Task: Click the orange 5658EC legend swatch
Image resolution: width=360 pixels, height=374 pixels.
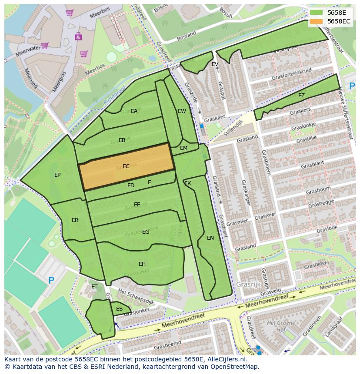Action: coord(317,21)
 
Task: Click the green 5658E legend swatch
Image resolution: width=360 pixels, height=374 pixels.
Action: coord(317,13)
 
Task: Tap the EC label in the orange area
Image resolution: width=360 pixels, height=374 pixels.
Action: coord(126,166)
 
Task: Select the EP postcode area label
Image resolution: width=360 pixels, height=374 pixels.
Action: coord(57,175)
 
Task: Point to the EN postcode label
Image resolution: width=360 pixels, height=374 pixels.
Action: coord(210,238)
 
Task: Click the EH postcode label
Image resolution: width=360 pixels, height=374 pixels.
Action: coord(142,264)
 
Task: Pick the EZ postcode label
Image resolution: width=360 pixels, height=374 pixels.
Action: coord(302,96)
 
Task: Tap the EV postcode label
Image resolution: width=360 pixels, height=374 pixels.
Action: coord(215,64)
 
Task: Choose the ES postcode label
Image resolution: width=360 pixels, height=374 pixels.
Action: coord(119,309)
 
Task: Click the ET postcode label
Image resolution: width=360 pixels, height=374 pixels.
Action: coord(94,287)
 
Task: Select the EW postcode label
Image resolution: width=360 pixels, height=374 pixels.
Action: coord(182,111)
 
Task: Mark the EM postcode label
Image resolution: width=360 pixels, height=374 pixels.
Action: coord(183,148)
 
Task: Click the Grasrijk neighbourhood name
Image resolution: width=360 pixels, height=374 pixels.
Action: coord(249,285)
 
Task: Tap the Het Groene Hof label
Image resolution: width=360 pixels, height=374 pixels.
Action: coord(280,325)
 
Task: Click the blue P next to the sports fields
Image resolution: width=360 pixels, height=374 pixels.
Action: coord(51,281)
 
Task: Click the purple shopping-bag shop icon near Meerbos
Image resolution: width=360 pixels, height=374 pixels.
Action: coord(78,36)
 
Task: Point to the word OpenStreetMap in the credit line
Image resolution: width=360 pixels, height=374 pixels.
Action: coord(236,367)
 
